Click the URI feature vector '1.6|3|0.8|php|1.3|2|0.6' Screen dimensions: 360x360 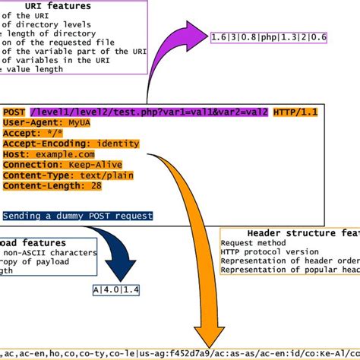(270, 36)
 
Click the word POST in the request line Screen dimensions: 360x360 (14, 112)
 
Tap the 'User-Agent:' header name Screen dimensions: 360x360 (30, 122)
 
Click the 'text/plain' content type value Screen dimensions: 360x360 (104, 174)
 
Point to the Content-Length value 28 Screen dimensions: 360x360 (96, 185)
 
